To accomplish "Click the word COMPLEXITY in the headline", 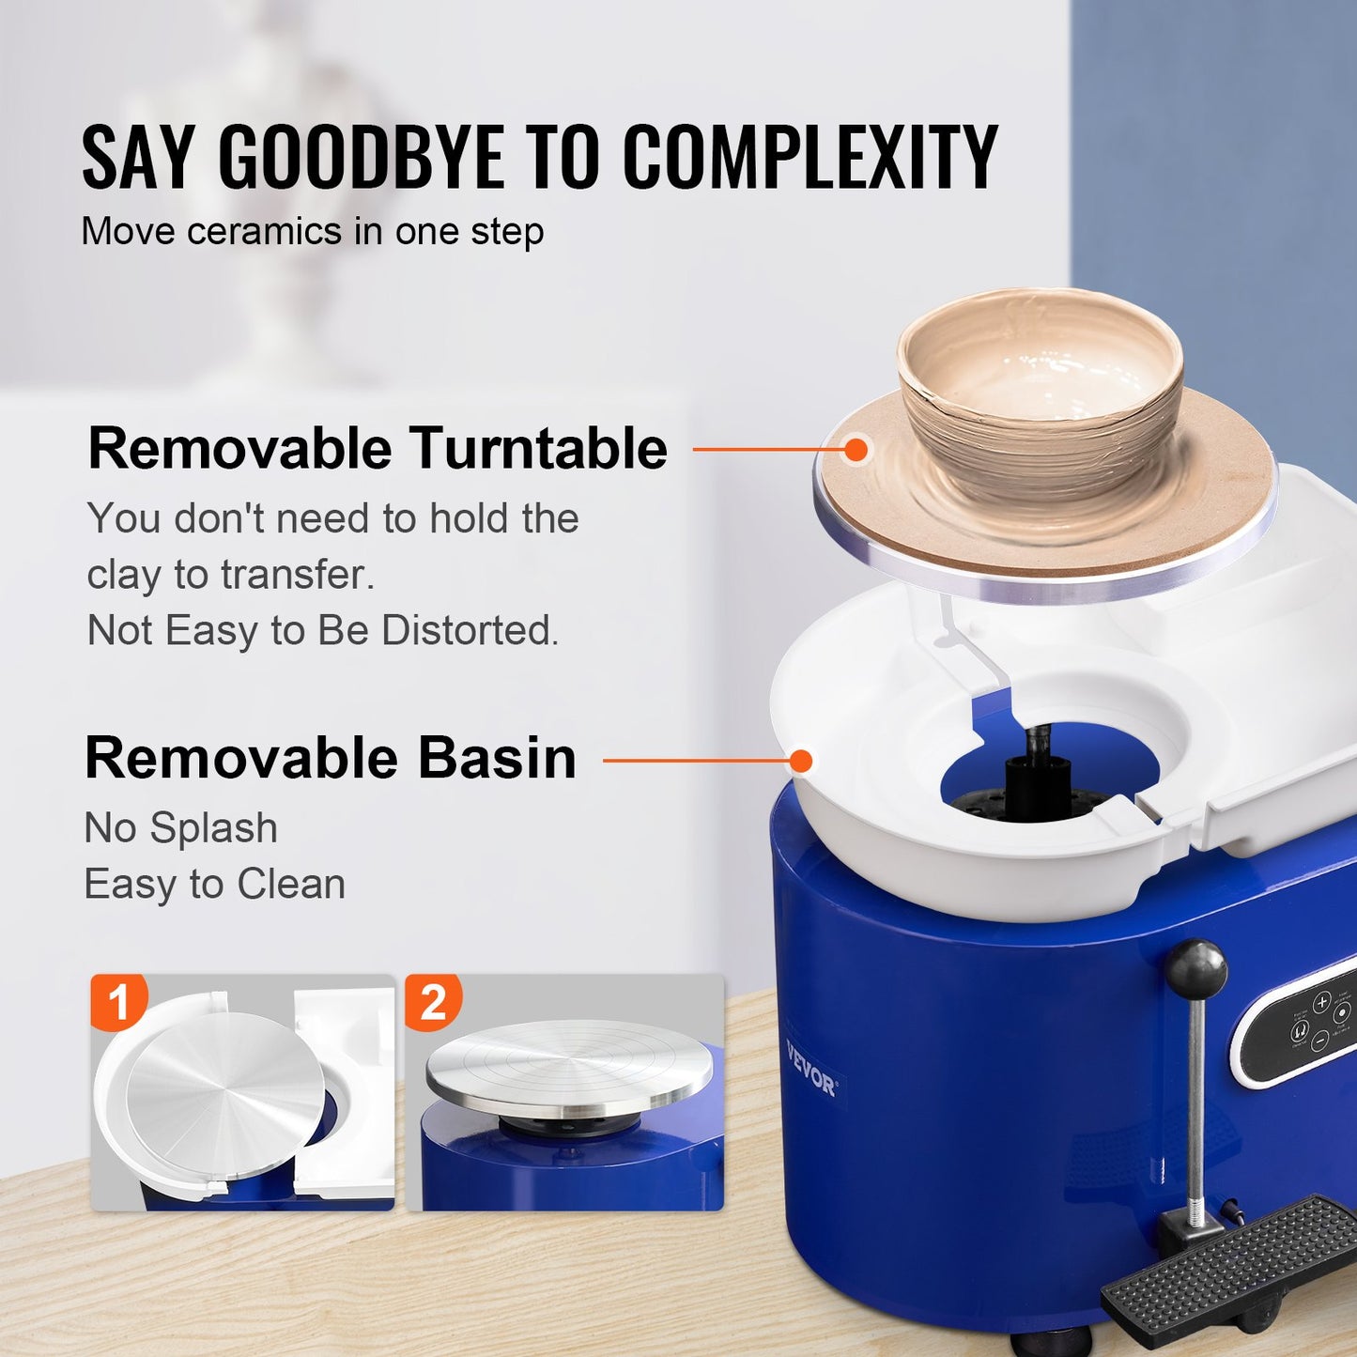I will point(810,157).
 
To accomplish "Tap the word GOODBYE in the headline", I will point(362,157).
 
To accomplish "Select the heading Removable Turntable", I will point(378,448).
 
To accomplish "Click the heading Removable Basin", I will point(331,758).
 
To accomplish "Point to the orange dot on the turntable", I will point(855,450).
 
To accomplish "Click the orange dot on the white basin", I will point(801,761).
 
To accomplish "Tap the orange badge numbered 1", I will point(119,1001).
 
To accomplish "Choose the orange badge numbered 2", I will point(433,1001).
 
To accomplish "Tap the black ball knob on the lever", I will point(1196,968).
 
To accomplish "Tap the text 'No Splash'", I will point(181,828).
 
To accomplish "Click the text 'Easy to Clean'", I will point(215,885).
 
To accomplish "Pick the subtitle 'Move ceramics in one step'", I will point(313,232).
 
